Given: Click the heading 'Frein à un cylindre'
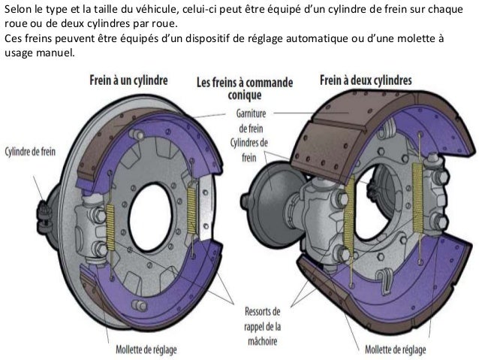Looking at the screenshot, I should pos(128,79).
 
